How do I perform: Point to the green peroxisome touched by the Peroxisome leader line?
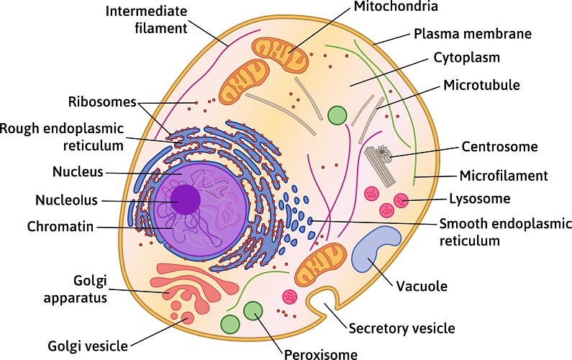[253, 312]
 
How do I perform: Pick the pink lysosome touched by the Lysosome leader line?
[400, 201]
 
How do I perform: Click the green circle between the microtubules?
[337, 114]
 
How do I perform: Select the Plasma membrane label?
[472, 33]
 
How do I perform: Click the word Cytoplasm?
[466, 58]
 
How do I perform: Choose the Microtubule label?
[481, 86]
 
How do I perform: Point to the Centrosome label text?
[499, 147]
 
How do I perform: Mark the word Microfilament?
[504, 175]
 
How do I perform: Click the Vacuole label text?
[422, 286]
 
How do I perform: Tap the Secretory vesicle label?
[401, 328]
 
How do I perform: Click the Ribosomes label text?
[102, 102]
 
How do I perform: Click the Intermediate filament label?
[145, 20]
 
